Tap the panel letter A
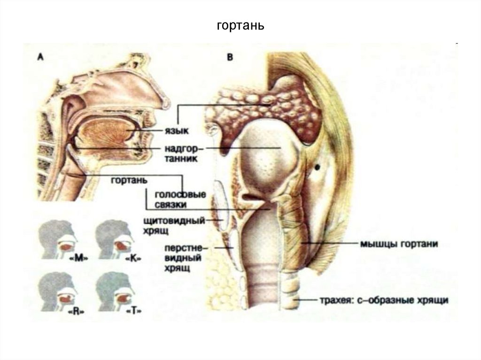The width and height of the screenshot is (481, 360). coord(41,57)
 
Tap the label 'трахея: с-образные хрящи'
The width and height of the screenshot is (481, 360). coord(383,299)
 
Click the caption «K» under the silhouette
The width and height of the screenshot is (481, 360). coord(134,259)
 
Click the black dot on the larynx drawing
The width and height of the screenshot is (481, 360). coord(318,167)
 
